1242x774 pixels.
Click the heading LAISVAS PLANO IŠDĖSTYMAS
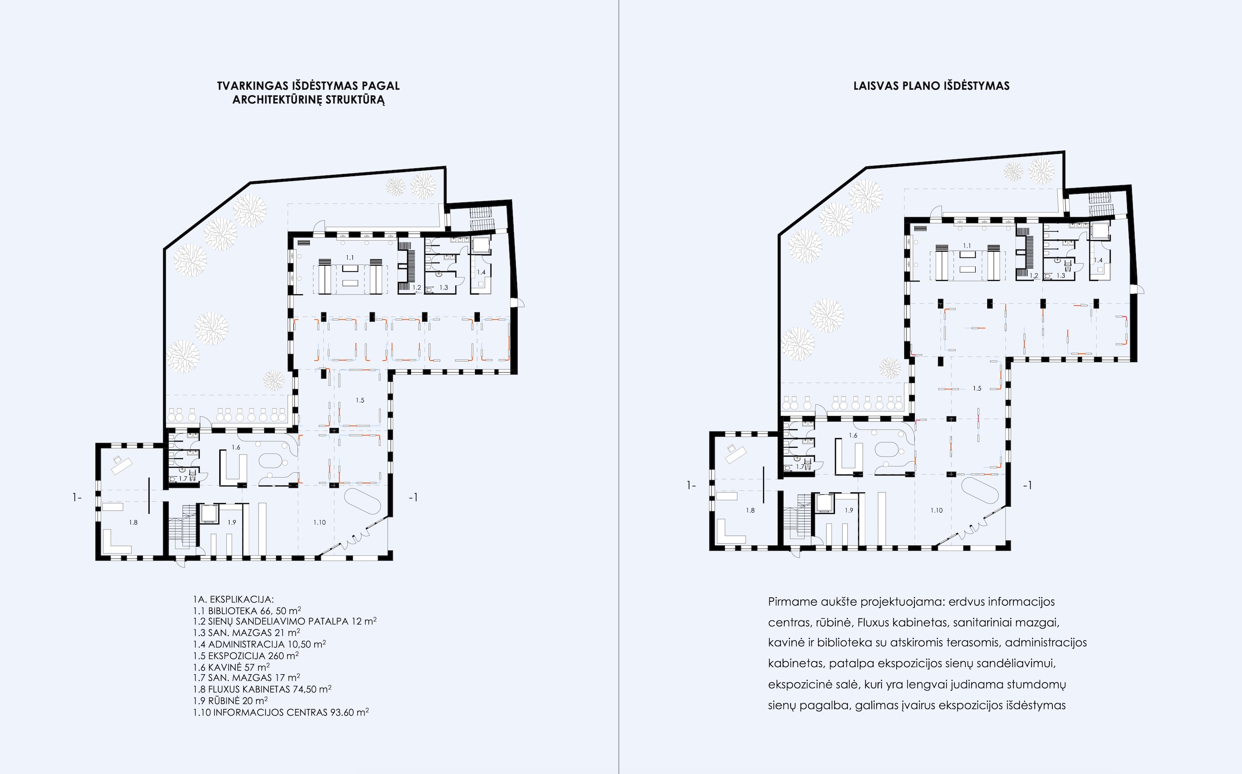click(x=931, y=86)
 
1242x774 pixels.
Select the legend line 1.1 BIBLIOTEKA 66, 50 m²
click(x=247, y=611)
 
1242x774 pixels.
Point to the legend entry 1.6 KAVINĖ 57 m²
click(x=231, y=667)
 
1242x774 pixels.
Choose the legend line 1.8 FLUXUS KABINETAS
click(x=262, y=689)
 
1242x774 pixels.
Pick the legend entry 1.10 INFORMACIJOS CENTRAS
click(x=281, y=712)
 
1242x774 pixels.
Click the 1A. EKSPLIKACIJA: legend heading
click(x=233, y=600)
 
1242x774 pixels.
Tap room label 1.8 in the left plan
click(x=133, y=523)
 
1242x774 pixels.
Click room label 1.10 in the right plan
click(x=936, y=510)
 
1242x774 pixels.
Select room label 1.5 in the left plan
click(x=360, y=400)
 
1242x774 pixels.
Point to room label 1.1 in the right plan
click(x=967, y=246)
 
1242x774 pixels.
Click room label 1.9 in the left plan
click(x=232, y=523)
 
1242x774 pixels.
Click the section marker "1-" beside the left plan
click(x=77, y=497)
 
